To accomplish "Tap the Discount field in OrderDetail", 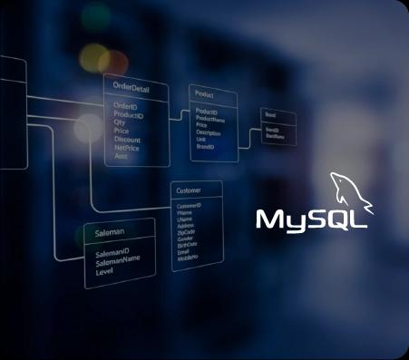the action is coord(127,140).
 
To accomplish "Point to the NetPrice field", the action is coord(127,148).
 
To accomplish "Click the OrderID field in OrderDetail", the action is coord(125,106).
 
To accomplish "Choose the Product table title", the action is coord(204,94).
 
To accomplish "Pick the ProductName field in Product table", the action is coord(210,118).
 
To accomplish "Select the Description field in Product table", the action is coord(208,132).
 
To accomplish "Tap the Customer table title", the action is coord(189,191).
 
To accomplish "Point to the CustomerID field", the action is coord(189,207).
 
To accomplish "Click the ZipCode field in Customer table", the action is coord(186,231).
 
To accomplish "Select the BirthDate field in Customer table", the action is coord(187,244).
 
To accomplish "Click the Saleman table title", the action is coord(110,233).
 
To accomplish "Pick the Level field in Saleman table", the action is coord(104,271).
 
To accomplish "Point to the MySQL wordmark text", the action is coord(311,219).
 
